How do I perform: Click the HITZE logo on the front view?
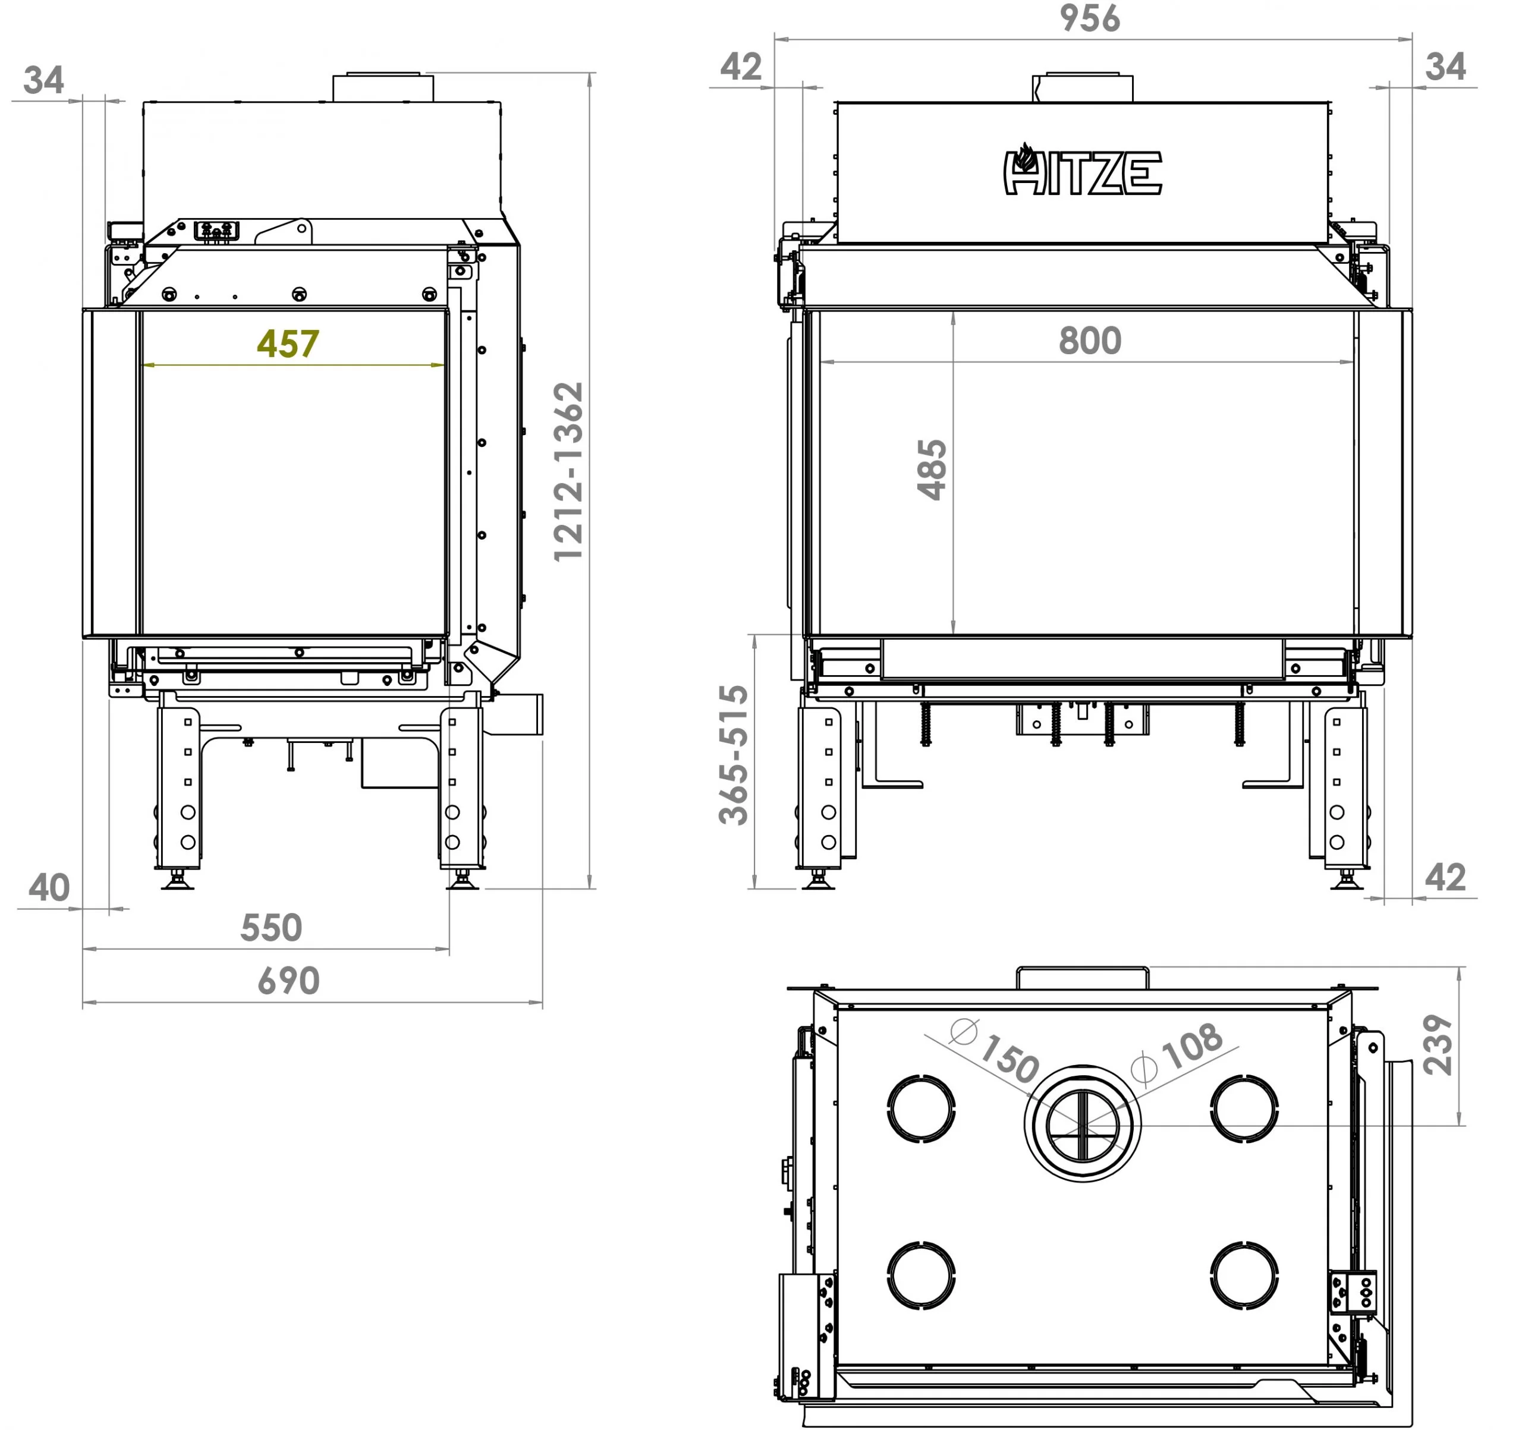1083,169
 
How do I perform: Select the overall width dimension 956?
1089,18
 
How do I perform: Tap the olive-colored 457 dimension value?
288,344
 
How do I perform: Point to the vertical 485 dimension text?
932,470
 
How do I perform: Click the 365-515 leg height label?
734,755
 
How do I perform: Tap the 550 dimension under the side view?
271,928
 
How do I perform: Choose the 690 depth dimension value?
288,981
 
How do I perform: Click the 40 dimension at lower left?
49,888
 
